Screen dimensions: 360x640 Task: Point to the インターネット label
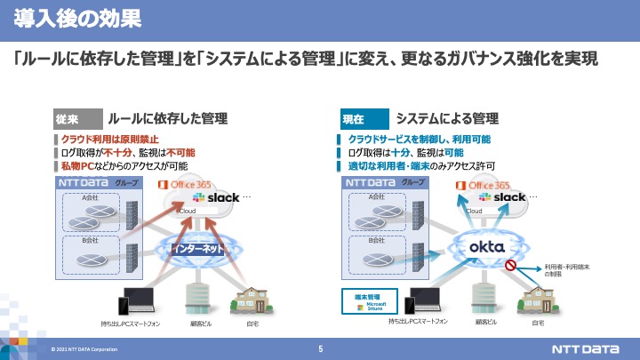(x=199, y=249)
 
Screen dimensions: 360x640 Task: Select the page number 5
(x=320, y=348)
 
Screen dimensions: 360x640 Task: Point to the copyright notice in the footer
(x=84, y=349)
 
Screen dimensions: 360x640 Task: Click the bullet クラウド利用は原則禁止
(x=110, y=140)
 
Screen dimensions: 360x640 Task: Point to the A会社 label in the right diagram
(x=375, y=197)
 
